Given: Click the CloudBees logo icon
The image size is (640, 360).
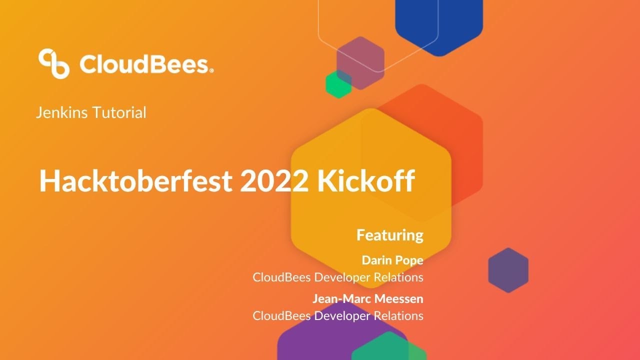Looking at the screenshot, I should pos(54,63).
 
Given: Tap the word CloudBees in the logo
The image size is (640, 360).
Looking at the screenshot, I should pos(144,65).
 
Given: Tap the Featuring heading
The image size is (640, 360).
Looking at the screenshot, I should pos(389,235).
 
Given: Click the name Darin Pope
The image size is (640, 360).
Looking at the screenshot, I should pos(392,260).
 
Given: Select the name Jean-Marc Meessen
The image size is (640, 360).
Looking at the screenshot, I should pos(368,299).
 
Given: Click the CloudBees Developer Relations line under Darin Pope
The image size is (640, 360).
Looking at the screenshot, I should pos(338,277).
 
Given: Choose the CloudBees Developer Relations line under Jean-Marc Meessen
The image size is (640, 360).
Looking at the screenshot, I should pos(338,316).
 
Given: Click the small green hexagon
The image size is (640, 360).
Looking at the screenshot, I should pos(338,84).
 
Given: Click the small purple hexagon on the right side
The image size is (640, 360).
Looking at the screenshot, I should pos(508,270).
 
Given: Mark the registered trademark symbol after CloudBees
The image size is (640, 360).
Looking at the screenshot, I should pos(212,71).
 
